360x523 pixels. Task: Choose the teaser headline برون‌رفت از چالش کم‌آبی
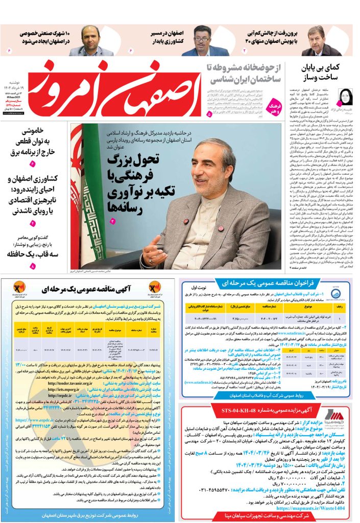[x=276, y=37]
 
